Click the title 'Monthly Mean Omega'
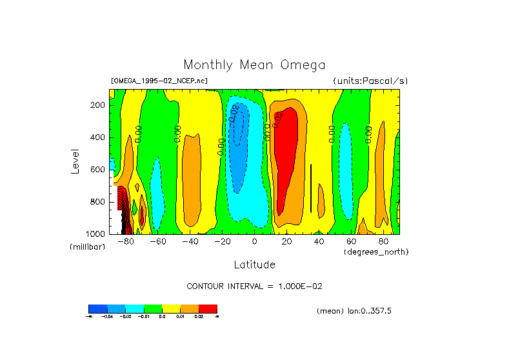click(x=254, y=65)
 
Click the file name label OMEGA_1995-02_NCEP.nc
click(x=159, y=81)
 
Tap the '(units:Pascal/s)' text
click(x=370, y=81)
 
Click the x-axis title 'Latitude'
click(x=254, y=265)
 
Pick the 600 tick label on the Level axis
click(x=97, y=170)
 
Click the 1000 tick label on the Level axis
click(x=95, y=234)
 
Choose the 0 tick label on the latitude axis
click(x=254, y=241)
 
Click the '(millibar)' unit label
click(x=87, y=248)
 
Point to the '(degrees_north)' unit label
click(x=376, y=252)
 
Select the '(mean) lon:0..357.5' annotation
click(x=354, y=311)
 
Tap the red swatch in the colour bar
click(x=208, y=308)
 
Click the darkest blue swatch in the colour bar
click(x=97, y=308)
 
